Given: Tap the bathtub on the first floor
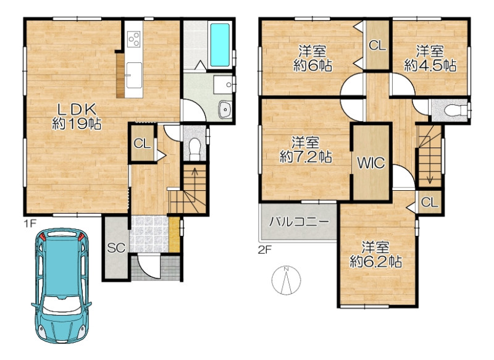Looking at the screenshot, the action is [220, 45].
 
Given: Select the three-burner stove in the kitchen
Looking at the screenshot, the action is [133, 40].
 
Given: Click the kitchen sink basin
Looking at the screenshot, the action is [134, 75].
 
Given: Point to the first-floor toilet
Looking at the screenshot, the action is [195, 148].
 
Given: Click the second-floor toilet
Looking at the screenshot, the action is [455, 111].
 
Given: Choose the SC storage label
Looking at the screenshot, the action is [116, 248].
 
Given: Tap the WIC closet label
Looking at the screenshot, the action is [371, 163].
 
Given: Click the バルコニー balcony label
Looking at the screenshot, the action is [298, 222].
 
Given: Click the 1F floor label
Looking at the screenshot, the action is [30, 224].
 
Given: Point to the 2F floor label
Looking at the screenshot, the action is [265, 250].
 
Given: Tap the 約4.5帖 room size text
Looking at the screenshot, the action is [430, 66].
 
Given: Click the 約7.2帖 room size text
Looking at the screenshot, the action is [305, 157].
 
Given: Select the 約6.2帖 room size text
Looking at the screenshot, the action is [375, 261].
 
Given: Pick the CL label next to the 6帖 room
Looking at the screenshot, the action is [377, 46].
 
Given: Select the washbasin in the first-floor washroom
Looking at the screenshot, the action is [225, 109].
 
